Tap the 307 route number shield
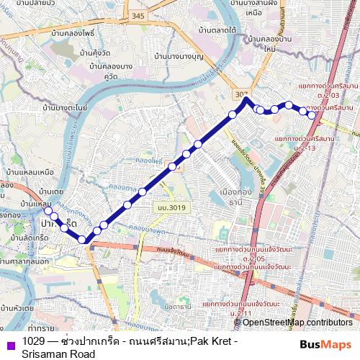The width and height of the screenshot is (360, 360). pos(240,94)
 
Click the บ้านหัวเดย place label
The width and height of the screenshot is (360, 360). pos(16,307)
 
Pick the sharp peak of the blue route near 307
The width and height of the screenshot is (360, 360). pos(246,99)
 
